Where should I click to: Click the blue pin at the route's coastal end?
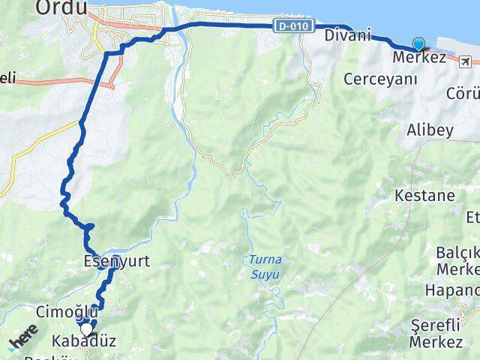tap(418, 45)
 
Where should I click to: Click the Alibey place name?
tap(430, 130)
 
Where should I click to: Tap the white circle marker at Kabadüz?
tap(87, 328)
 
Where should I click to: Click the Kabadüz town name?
tap(85, 342)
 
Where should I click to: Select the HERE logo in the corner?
tap(25, 342)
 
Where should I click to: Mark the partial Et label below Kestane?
tap(472, 217)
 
